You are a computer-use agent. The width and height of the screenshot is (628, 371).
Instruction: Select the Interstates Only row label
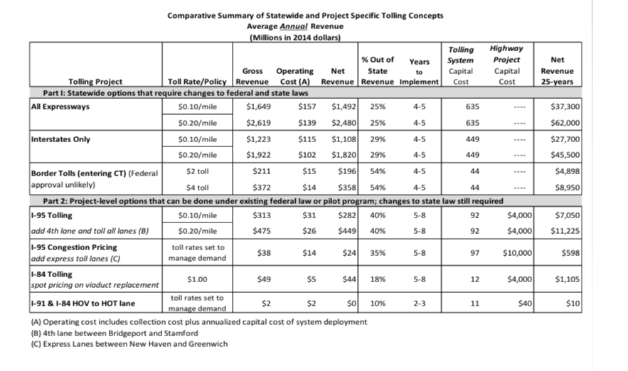[x=61, y=139]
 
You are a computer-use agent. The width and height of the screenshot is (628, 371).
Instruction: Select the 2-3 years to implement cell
[x=419, y=303]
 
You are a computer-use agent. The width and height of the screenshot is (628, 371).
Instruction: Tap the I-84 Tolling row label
[x=52, y=274]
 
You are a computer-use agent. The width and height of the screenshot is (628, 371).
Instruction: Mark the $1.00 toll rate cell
[x=196, y=279]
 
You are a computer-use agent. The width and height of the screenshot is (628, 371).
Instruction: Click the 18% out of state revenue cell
[x=378, y=279]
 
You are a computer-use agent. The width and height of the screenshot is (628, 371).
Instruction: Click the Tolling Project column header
[x=95, y=81]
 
